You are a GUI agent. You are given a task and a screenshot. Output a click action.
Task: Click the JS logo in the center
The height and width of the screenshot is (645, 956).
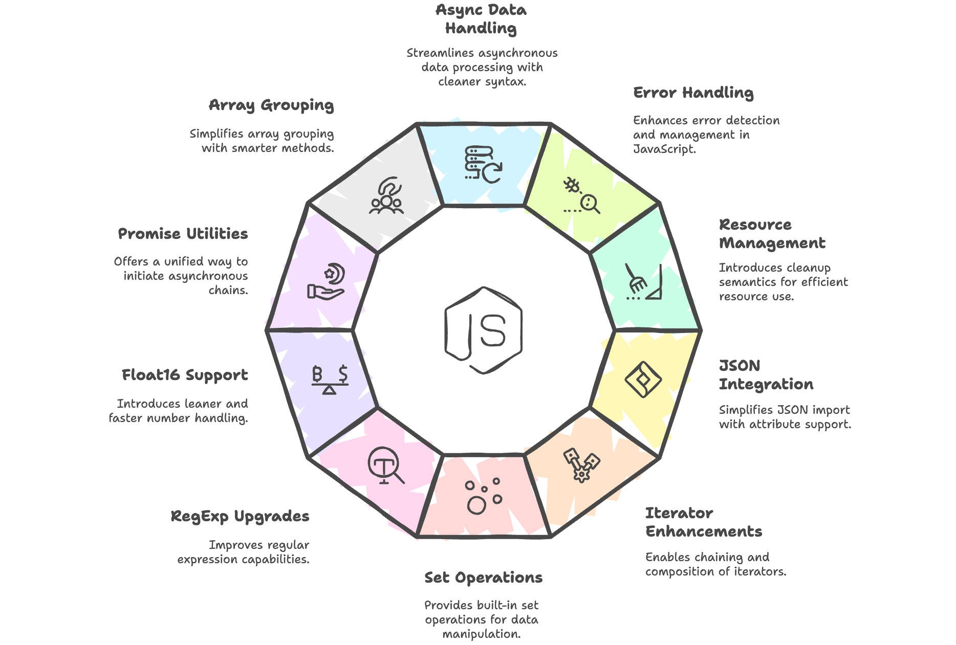pos(483,330)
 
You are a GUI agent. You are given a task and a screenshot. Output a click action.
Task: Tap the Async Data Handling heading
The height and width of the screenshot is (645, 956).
pos(481,19)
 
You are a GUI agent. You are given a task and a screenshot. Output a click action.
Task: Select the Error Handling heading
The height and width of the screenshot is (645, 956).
pos(693,93)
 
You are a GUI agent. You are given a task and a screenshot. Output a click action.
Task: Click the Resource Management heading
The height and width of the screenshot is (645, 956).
pos(772,234)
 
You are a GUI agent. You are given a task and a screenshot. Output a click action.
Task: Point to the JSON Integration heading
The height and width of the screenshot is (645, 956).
pos(766,375)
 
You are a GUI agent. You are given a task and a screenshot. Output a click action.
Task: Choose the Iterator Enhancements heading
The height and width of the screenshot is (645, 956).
pos(703,522)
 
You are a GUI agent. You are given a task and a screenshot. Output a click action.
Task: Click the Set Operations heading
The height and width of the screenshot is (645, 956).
pos(483,577)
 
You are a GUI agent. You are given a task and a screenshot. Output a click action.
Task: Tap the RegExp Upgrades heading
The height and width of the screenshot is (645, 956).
pos(240,516)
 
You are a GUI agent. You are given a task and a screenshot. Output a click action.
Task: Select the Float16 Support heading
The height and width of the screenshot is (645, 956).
pos(185,375)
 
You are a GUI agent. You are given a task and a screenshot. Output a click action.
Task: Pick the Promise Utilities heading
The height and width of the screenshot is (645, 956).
pos(183,234)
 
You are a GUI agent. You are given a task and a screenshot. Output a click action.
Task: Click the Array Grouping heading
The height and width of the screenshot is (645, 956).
pos(271,105)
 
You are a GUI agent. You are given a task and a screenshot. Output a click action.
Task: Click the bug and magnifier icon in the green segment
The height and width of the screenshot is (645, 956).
pos(582,195)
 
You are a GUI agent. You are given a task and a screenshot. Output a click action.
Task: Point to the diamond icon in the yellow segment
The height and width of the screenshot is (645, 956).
pos(643,380)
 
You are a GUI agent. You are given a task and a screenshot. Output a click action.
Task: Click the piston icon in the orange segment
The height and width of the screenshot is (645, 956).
pos(582,464)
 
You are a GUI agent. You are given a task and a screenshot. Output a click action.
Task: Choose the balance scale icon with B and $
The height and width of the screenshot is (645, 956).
pos(330,380)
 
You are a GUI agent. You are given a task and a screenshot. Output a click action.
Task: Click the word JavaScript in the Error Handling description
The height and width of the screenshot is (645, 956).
pos(664,149)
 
